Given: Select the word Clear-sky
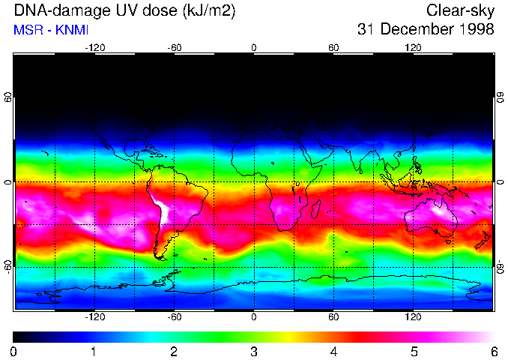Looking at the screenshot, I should point(460,10).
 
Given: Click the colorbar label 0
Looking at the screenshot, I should point(13,351).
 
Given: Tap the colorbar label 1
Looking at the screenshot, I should point(94,351).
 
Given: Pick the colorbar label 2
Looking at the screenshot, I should point(174,351).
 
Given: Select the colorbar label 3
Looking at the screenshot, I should point(254,351).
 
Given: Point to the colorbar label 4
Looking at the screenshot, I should point(334,351).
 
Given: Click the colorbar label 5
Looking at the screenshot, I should point(414,351).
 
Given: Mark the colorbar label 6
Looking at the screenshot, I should point(494,351).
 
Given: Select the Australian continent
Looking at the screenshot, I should point(432,217).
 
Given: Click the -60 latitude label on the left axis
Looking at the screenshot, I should point(7,266).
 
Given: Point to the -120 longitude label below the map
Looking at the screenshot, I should point(94,318).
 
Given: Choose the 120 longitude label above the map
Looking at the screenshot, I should point(414,47).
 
